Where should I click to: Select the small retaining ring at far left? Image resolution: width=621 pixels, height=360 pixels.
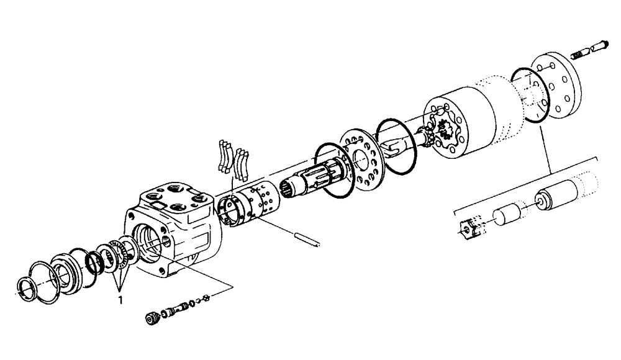[x=30, y=287]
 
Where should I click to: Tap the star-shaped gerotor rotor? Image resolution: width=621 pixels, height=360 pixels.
[x=443, y=130]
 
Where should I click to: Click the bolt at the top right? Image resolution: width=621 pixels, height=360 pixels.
[x=593, y=44]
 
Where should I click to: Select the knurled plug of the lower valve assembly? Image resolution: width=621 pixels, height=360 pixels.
[x=150, y=318]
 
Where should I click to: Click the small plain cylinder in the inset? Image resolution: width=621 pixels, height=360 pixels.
[x=507, y=217]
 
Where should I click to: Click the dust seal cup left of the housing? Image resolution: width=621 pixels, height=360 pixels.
[x=64, y=272]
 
